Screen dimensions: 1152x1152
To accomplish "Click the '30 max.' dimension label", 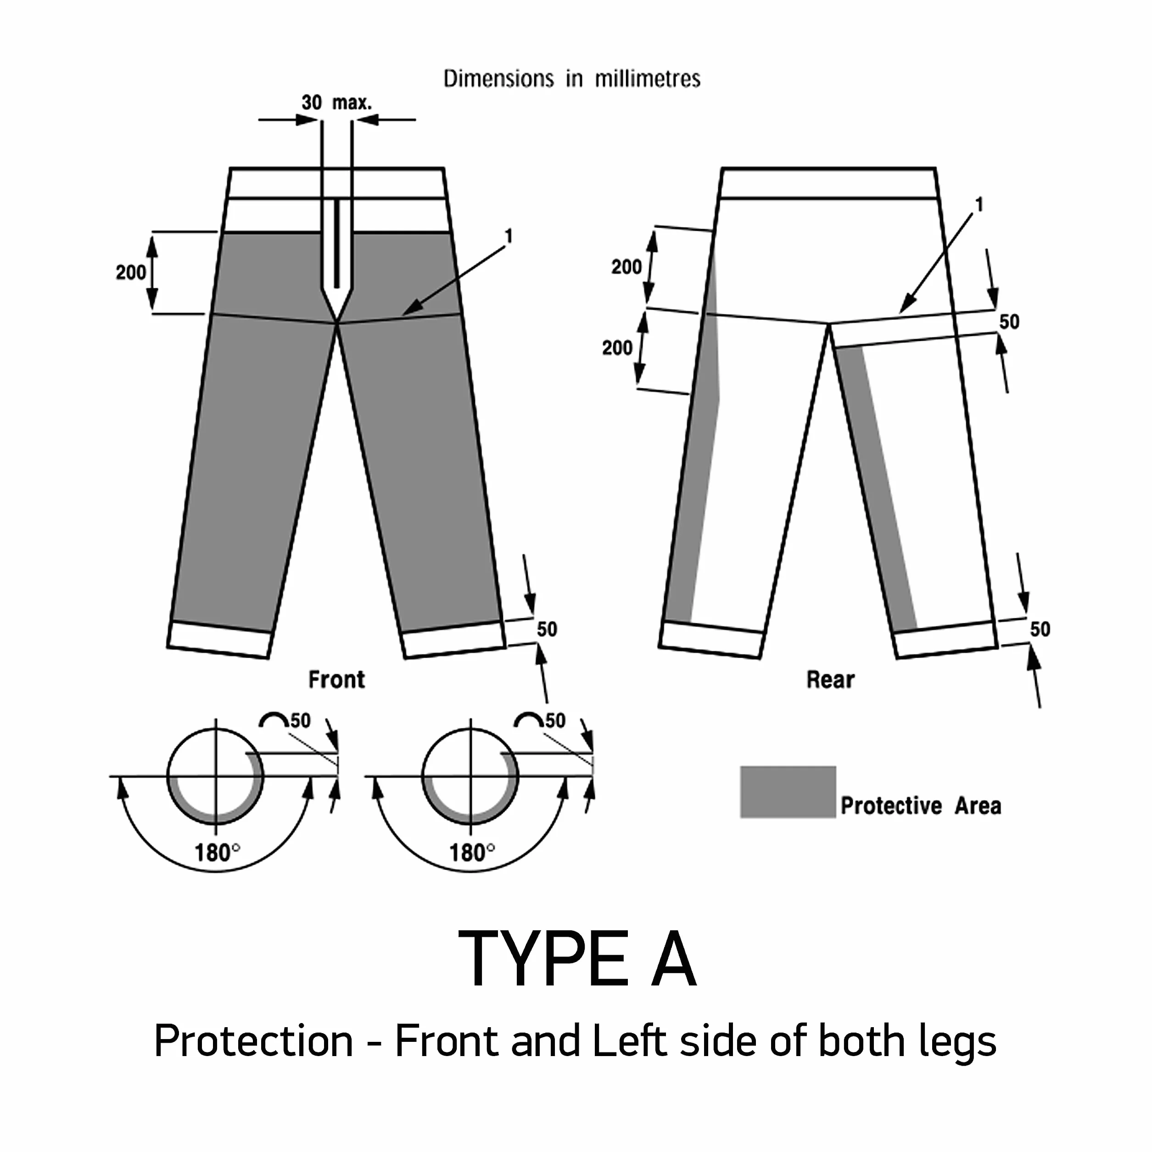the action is coord(336,102).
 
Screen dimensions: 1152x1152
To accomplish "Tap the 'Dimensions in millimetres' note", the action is coord(572,78).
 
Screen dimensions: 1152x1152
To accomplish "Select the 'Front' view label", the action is coord(336,679).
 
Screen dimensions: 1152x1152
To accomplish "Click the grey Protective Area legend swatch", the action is coord(788,792).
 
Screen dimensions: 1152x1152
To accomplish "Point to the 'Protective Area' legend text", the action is coord(921,805).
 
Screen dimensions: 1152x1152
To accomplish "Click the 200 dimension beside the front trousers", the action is coord(131,273).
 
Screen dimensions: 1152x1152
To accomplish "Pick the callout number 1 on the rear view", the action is coord(979,205).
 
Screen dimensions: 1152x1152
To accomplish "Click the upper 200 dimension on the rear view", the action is coord(626,267).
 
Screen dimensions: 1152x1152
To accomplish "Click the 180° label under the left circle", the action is coord(217,853).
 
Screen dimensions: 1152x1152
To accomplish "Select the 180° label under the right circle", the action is coord(472,853).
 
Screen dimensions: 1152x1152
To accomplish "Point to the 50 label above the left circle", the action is coord(301,720).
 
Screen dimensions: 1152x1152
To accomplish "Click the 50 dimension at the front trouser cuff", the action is coord(547,629).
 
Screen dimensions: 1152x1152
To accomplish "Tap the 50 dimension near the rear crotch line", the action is coord(1009,322).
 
